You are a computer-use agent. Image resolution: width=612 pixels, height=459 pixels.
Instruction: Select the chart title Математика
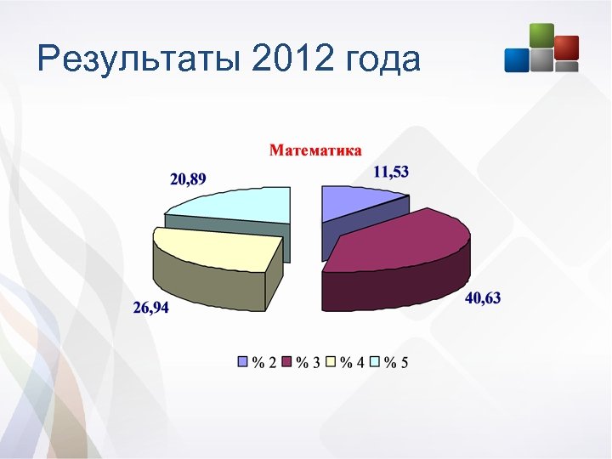tap(315, 150)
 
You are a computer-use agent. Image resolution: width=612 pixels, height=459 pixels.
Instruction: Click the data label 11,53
tap(391, 172)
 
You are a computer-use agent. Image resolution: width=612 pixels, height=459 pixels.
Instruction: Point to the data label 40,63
tap(483, 297)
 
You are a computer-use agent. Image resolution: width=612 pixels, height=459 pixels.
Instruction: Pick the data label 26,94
tap(150, 308)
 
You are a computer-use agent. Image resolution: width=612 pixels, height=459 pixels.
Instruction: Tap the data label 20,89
tap(188, 178)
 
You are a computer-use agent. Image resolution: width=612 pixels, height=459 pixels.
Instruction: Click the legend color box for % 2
tap(243, 363)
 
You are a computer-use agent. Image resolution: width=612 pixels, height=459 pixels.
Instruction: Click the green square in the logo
tap(541, 35)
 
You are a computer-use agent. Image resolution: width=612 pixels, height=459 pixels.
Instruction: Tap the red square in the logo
tap(566, 48)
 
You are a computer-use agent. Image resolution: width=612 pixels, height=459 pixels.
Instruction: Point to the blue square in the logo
tap(516, 59)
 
